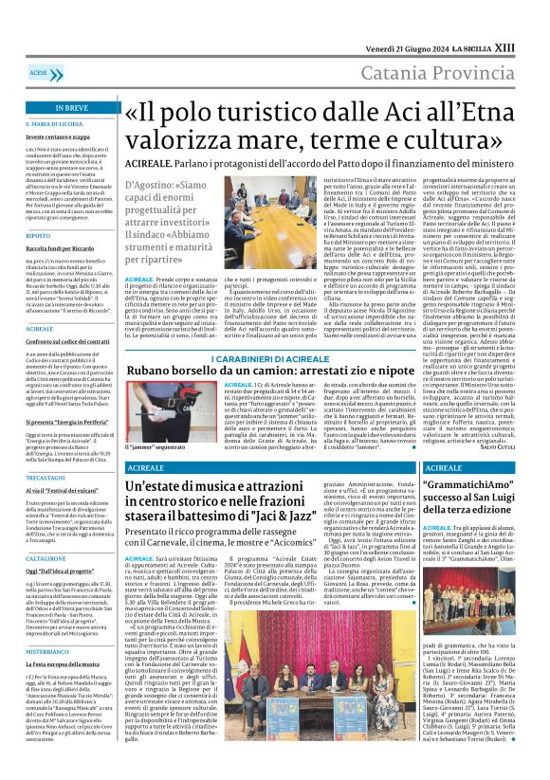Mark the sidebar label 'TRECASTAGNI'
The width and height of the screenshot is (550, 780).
coord(46,480)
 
